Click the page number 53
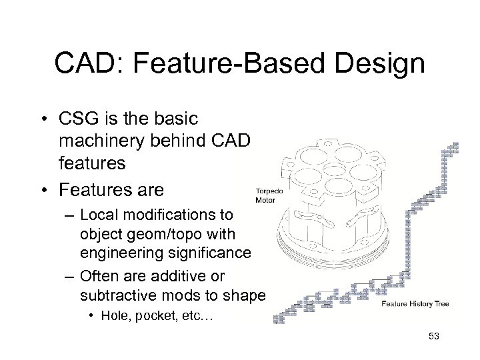point(433,336)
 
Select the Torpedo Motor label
point(269,195)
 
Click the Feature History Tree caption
point(415,304)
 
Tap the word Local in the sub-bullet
point(98,215)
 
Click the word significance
point(213,253)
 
